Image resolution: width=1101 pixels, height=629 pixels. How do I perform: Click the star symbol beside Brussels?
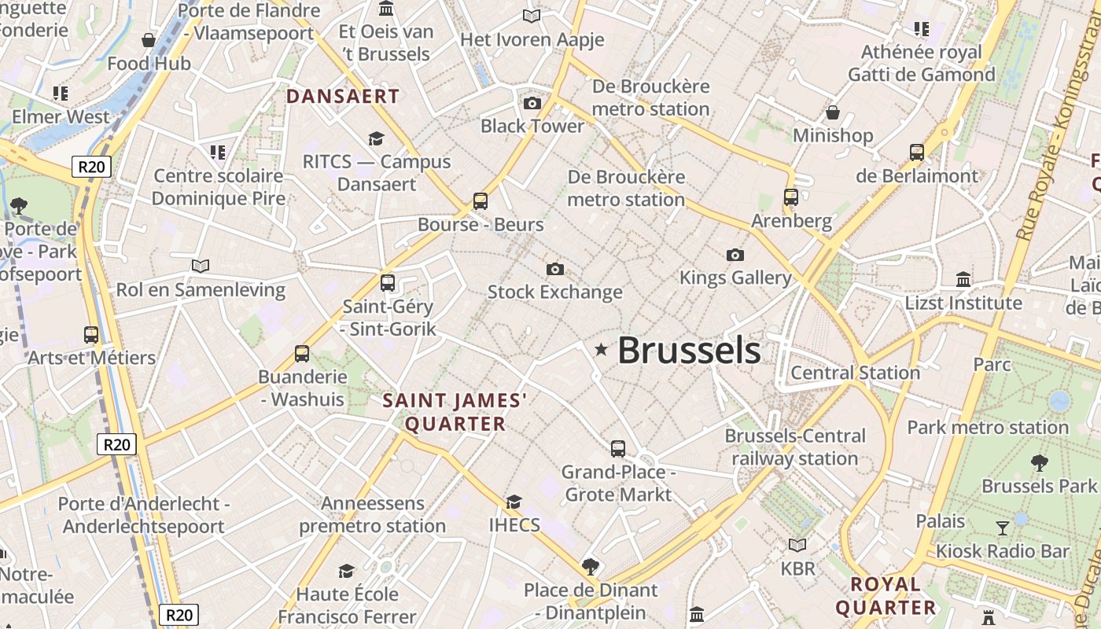[602, 349]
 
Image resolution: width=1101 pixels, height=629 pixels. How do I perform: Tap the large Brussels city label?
[689, 351]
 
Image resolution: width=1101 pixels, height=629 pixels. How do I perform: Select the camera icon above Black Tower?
[532, 103]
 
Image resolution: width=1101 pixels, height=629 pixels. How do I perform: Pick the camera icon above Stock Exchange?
[555, 270]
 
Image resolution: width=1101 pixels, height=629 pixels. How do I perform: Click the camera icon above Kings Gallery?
[735, 255]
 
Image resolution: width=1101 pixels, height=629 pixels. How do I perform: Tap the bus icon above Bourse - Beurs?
[481, 201]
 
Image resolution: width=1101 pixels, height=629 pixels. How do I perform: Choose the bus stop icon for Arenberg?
[791, 197]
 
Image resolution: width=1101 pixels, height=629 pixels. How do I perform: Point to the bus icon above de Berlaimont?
[917, 153]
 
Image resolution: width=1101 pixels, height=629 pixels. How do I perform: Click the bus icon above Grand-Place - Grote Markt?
[618, 449]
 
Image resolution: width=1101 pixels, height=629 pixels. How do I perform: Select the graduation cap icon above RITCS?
[376, 139]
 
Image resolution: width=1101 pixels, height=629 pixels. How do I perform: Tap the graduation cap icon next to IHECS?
[514, 502]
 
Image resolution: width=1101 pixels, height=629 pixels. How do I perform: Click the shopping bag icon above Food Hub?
[149, 40]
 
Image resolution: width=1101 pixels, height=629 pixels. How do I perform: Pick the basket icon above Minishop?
[833, 112]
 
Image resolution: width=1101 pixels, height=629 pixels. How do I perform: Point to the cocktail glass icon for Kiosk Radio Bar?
[1003, 528]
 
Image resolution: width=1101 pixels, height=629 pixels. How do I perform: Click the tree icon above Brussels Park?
[1039, 462]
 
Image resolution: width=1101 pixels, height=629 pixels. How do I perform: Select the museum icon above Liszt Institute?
[963, 280]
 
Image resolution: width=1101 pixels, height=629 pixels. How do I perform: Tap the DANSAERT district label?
[343, 97]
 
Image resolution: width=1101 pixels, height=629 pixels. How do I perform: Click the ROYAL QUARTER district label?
[886, 596]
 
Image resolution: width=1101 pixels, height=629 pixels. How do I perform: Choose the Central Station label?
[855, 373]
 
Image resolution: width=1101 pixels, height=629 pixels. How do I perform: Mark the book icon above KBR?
[797, 545]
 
